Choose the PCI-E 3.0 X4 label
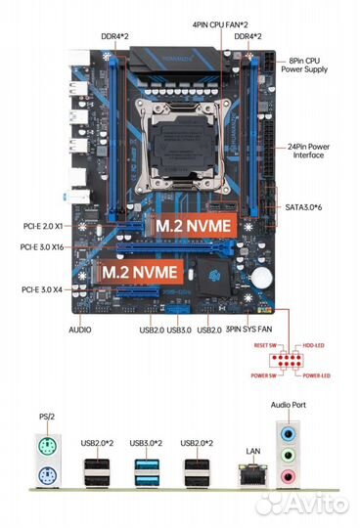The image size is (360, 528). pyautogui.click(x=44, y=290)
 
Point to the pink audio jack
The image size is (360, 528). pyautogui.click(x=286, y=476)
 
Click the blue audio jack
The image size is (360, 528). pyautogui.click(x=286, y=432)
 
